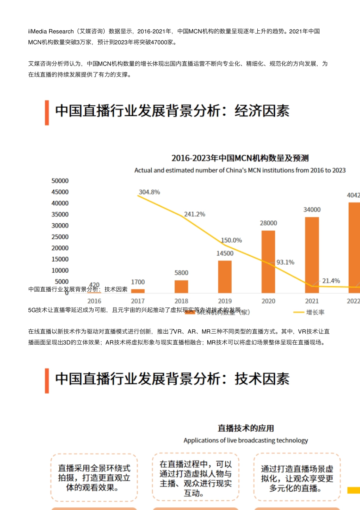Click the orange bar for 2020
coord(268,262)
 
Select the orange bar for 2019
coord(225,277)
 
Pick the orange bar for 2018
coord(181,287)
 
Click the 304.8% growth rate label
coord(149,192)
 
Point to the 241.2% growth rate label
coord(194,214)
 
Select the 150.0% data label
coord(231,240)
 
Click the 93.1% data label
coord(285,262)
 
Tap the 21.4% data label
coord(331,281)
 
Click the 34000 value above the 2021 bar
coord(312,210)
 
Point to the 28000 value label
coord(268,223)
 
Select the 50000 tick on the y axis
coord(60,181)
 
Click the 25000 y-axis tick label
coord(60,237)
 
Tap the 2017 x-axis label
coord(138,301)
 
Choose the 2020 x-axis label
coord(268,301)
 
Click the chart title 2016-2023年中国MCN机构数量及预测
coord(240,158)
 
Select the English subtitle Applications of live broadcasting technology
coord(246,440)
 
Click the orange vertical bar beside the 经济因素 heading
coord(47,113)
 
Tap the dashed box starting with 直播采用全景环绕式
coord(94,477)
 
